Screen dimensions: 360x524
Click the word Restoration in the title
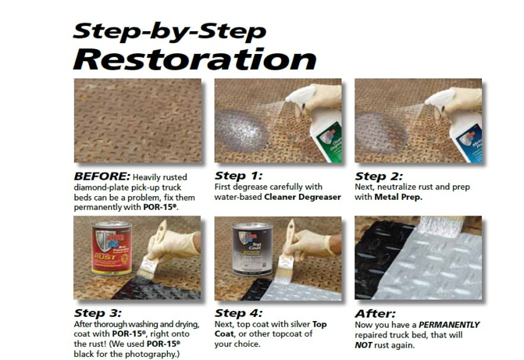pyautogui.click(x=195, y=59)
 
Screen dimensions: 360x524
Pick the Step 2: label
pyautogui.click(x=380, y=176)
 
